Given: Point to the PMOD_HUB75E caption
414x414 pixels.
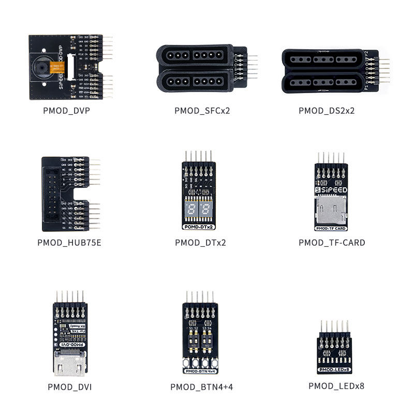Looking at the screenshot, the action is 69,242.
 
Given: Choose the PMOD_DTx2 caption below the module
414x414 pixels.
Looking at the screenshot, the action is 200,242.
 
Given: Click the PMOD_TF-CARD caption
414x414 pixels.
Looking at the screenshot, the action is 332,242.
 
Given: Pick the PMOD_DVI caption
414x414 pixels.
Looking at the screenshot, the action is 69,387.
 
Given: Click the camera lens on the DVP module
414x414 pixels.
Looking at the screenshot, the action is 42,69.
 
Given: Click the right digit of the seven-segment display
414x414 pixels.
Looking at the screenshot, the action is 206,210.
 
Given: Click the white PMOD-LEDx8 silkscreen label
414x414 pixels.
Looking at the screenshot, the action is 334,369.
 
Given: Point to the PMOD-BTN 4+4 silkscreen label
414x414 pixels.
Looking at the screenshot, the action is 200,371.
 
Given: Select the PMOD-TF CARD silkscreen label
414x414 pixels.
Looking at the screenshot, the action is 331,228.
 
